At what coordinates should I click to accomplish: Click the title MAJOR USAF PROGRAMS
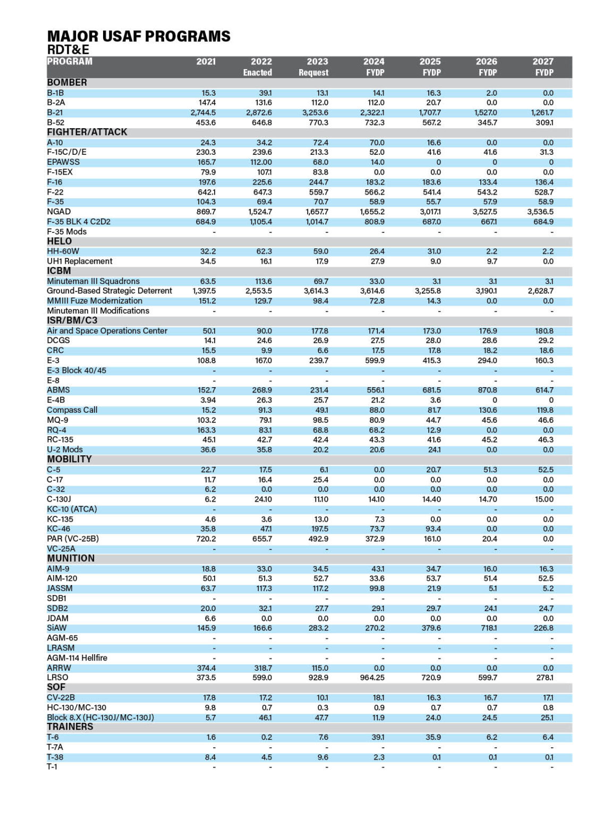(x=139, y=36)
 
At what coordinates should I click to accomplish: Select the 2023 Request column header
(x=314, y=67)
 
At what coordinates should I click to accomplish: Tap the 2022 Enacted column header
(x=258, y=67)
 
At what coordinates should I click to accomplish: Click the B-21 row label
(x=55, y=113)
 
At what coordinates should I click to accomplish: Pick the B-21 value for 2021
(x=203, y=113)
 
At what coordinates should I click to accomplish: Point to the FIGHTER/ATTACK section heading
(x=87, y=132)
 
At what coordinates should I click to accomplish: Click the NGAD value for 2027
(x=540, y=212)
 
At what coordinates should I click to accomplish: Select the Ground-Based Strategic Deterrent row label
(x=109, y=291)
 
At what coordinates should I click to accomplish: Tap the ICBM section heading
(x=59, y=271)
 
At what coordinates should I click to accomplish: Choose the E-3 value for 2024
(x=375, y=361)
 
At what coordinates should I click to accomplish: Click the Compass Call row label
(x=72, y=410)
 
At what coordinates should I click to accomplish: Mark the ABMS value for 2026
(x=487, y=390)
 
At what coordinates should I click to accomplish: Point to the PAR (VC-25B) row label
(x=73, y=539)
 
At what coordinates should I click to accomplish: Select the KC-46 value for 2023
(x=319, y=529)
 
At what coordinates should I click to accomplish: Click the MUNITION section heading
(x=71, y=558)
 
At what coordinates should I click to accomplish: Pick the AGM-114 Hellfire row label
(x=77, y=658)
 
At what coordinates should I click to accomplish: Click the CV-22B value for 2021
(x=209, y=698)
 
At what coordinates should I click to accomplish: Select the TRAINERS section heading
(x=70, y=727)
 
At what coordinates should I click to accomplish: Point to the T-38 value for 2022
(x=266, y=757)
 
